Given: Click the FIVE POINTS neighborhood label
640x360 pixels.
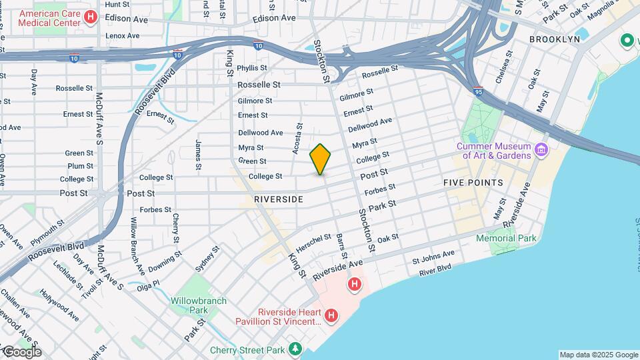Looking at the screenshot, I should pyautogui.click(x=472, y=182).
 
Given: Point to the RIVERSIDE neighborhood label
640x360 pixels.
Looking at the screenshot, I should pyautogui.click(x=279, y=199).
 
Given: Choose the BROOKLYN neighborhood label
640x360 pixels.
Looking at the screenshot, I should pyautogui.click(x=554, y=39).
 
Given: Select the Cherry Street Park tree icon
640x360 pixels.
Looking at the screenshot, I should pyautogui.click(x=295, y=349).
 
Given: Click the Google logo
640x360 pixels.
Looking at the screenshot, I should pyautogui.click(x=21, y=351).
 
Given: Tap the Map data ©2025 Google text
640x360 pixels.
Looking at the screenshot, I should pyautogui.click(x=598, y=355).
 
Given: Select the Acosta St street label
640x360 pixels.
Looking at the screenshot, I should pyautogui.click(x=297, y=139).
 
